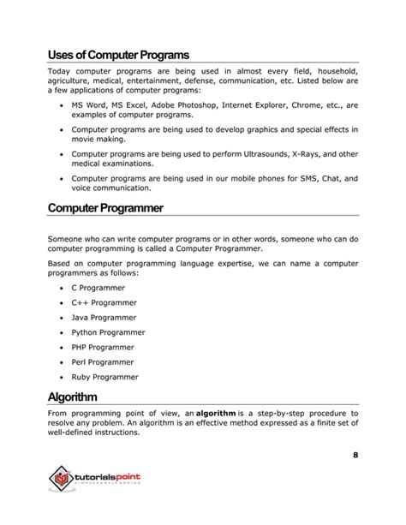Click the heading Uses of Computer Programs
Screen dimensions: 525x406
tap(118, 54)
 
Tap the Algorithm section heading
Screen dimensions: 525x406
tap(84, 397)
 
